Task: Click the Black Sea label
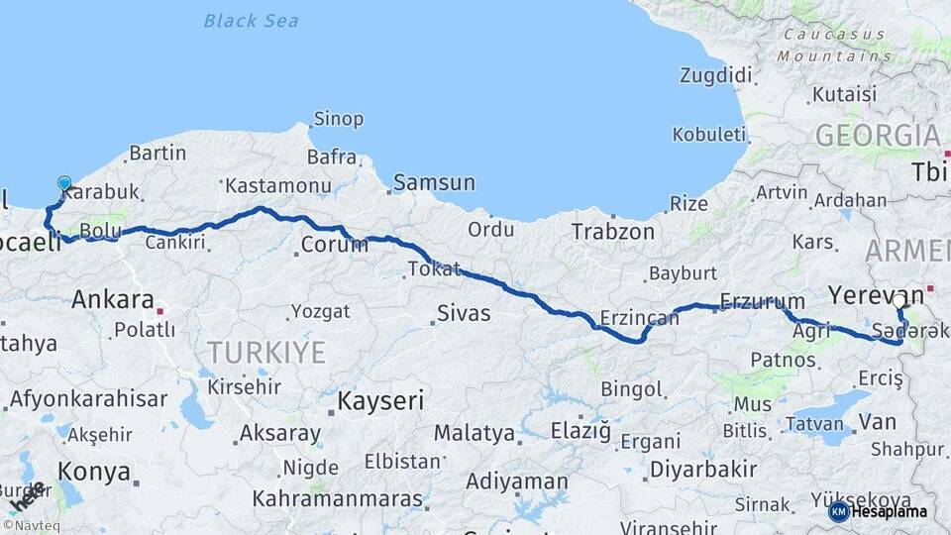pos(251,20)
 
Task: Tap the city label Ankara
pos(112,299)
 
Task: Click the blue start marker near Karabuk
pos(64,184)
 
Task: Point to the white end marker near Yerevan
pos(898,301)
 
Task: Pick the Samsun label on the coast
pos(434,183)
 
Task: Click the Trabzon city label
pos(612,232)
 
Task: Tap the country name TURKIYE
pos(265,352)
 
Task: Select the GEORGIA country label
pos(878,136)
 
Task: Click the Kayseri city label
pos(380,401)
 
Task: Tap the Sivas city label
pos(464,314)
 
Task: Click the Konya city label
pos(93,472)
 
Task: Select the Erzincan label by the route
pos(639,318)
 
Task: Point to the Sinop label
pos(338,119)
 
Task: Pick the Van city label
pos(878,422)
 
